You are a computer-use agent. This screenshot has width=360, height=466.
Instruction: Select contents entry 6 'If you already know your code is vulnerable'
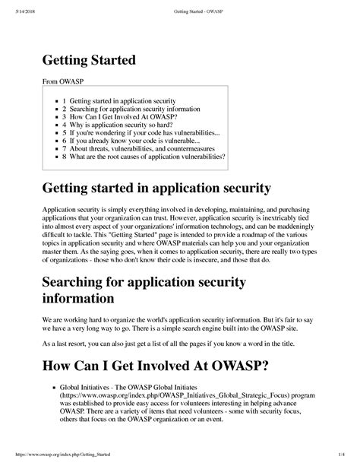pos(132,147)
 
